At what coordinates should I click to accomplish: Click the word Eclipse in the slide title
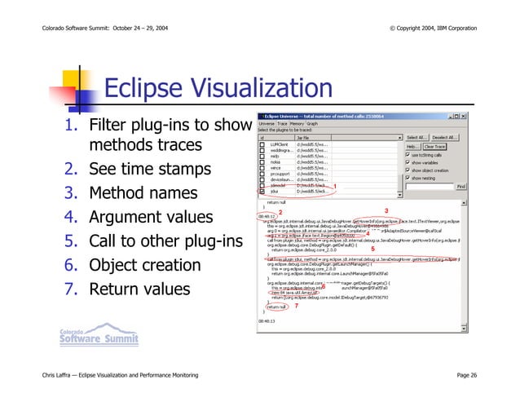coord(147,89)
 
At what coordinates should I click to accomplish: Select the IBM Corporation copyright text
coord(434,29)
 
